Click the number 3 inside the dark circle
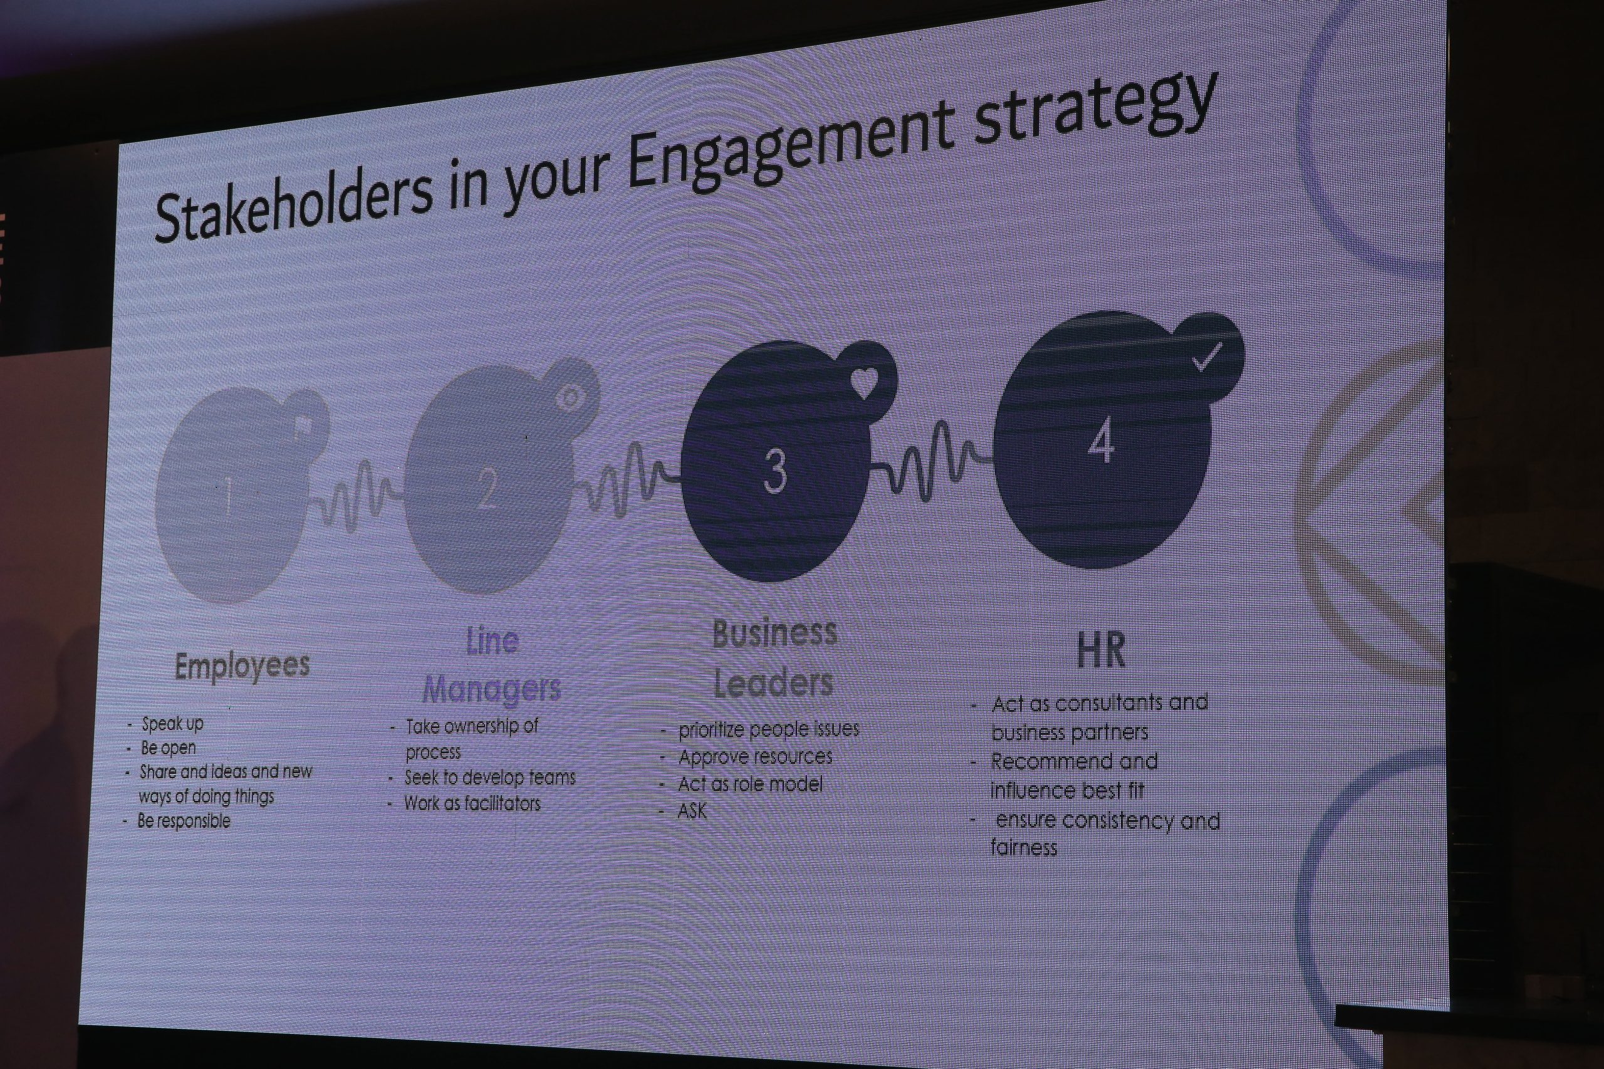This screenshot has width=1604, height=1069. coord(775,471)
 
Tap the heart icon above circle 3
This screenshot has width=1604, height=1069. coord(863,383)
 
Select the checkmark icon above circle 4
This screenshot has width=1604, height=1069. coord(1207,357)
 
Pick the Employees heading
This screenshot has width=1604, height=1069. coord(242,666)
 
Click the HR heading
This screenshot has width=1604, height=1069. coord(1101,650)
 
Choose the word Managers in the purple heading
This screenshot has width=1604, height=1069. coord(491,689)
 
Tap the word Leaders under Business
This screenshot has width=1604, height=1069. coord(773,683)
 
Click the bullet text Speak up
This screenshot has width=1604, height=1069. coord(172,724)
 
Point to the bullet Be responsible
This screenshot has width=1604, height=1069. coord(184,821)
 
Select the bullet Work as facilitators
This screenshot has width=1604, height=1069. coord(472,803)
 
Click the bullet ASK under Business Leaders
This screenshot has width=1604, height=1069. coord(692,811)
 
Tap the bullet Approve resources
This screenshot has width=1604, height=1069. coord(755,757)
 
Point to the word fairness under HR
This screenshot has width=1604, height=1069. coord(1024,847)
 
